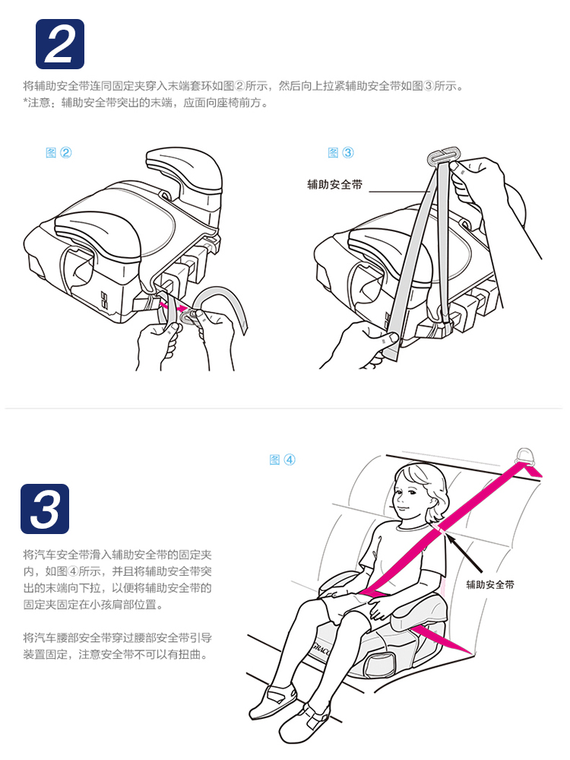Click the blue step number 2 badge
click(x=60, y=44)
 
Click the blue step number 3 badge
click(x=45, y=509)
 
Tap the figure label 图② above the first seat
click(x=59, y=153)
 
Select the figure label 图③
click(x=340, y=153)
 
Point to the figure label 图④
click(x=282, y=459)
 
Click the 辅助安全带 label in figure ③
click(x=334, y=185)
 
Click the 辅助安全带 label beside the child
click(x=490, y=584)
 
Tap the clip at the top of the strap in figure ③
click(x=442, y=156)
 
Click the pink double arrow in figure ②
click(x=173, y=307)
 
